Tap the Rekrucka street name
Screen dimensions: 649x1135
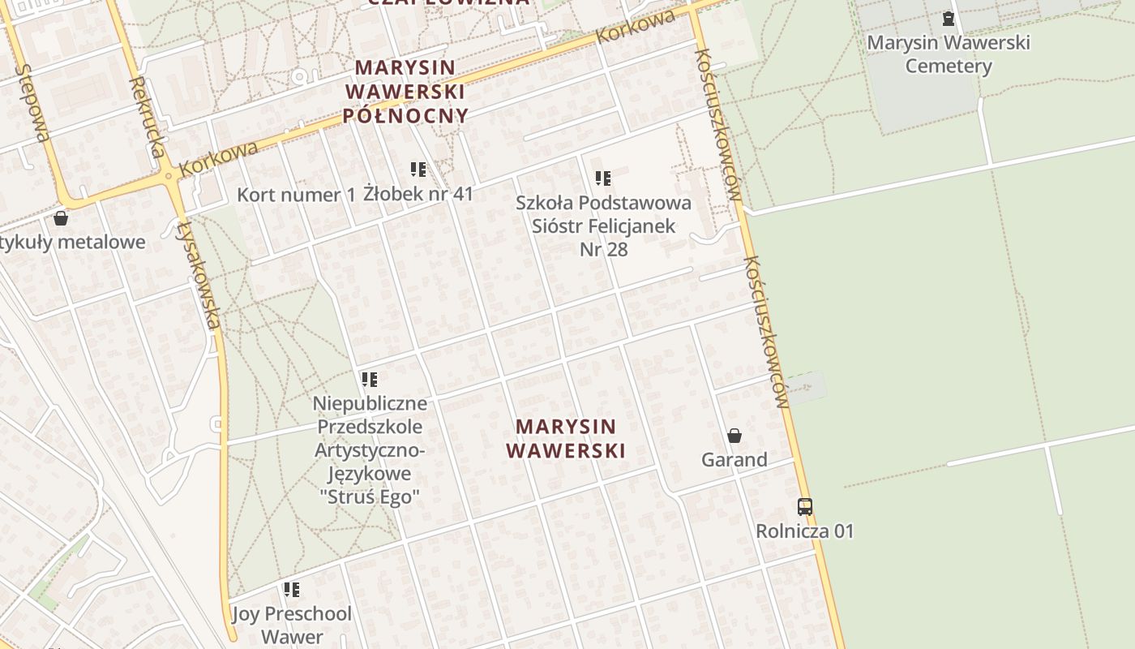pos(148,116)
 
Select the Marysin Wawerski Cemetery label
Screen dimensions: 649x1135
pos(949,54)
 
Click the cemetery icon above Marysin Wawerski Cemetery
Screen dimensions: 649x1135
pos(948,19)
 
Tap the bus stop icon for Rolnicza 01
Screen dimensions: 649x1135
pos(804,507)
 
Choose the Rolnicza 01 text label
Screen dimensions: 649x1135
pos(804,531)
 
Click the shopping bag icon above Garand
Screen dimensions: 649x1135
pos(735,436)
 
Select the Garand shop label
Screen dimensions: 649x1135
pos(735,460)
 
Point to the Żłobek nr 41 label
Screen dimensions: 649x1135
pos(418,194)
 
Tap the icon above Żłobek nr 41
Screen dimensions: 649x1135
pos(418,170)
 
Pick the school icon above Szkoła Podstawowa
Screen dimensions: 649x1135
pos(602,178)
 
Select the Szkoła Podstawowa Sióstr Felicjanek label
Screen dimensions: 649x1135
pos(604,226)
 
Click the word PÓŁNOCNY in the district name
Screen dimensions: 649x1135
pos(405,115)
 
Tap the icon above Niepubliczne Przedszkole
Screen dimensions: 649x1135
pos(370,379)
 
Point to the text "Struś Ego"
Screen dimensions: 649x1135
pos(370,497)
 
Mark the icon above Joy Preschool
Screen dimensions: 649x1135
pos(291,590)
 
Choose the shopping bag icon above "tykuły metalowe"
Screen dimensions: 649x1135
pos(61,218)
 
